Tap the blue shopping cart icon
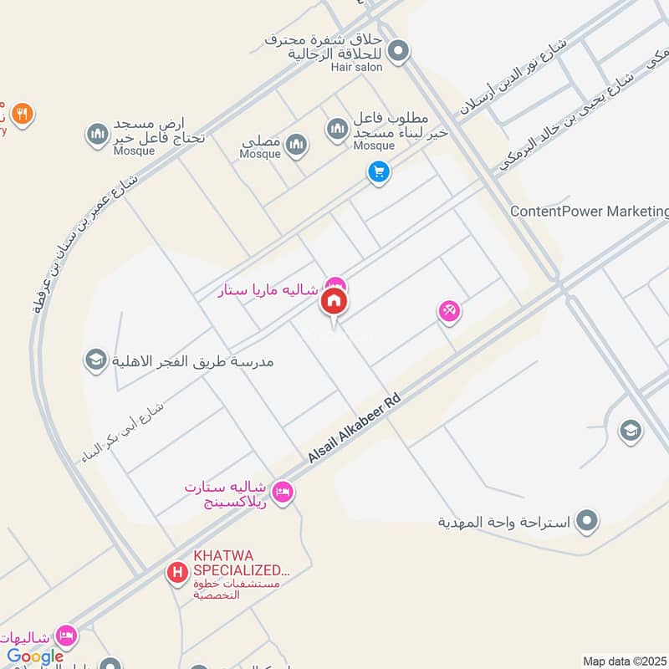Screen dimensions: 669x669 [379, 172]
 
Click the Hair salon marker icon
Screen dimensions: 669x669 [399, 52]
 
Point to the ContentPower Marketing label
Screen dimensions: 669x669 [589, 212]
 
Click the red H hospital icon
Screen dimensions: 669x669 [176, 573]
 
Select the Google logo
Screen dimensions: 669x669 [35, 656]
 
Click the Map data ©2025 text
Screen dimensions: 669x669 [624, 661]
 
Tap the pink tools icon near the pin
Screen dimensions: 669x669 [449, 311]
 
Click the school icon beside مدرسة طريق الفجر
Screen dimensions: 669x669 [95, 360]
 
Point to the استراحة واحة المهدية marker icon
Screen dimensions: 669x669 [589, 521]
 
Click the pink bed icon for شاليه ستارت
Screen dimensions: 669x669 [283, 492]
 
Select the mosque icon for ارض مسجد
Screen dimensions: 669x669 [97, 134]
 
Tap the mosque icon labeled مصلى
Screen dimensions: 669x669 [296, 147]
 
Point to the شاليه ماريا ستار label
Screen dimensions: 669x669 [268, 291]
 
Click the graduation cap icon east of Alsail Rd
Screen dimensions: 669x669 [630, 431]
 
